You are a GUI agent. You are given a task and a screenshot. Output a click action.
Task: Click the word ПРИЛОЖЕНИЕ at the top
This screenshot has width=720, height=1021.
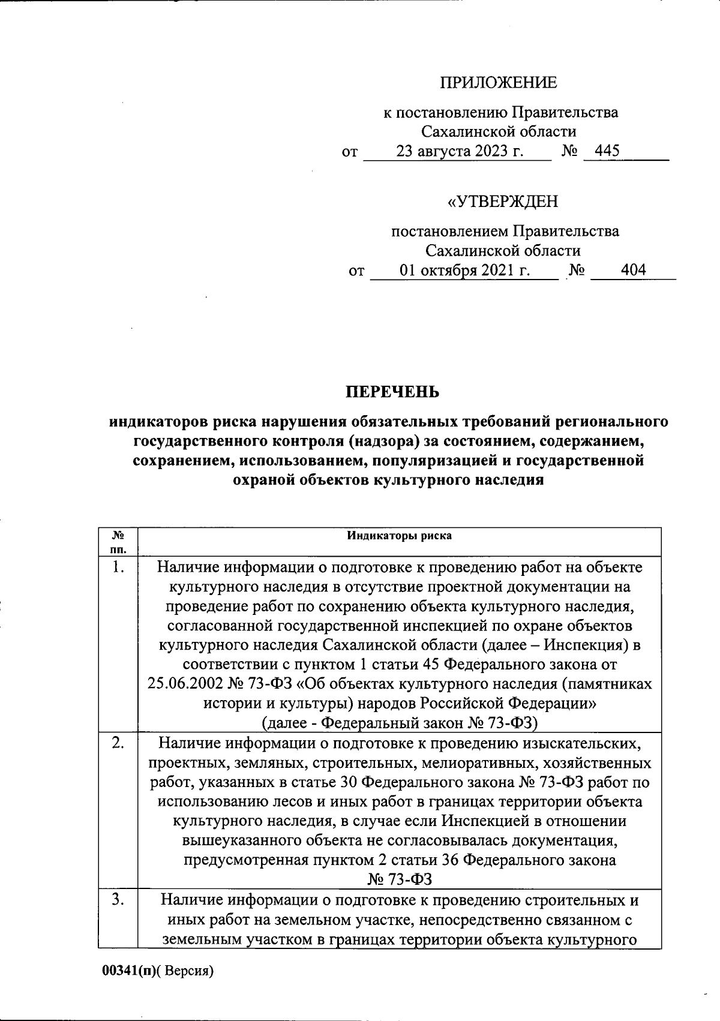click(499, 83)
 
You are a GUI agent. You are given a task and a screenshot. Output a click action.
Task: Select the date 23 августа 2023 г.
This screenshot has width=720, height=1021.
click(460, 152)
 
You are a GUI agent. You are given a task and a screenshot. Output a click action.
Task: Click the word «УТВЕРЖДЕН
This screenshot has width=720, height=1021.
click(503, 202)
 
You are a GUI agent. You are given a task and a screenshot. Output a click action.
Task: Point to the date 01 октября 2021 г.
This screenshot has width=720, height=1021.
click(465, 271)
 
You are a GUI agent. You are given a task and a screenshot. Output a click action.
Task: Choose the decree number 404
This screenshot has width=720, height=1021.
click(633, 270)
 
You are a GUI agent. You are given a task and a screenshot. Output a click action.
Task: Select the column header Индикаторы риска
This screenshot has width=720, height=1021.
click(400, 536)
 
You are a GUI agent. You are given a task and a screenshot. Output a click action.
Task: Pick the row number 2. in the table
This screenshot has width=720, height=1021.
click(118, 743)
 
